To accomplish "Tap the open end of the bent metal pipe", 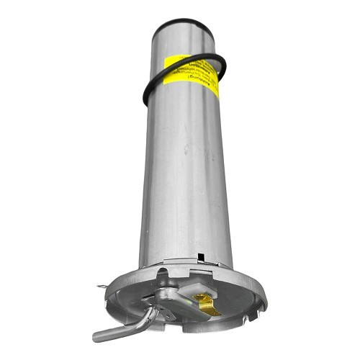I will point(97,336).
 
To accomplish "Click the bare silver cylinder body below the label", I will point(186,194).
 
